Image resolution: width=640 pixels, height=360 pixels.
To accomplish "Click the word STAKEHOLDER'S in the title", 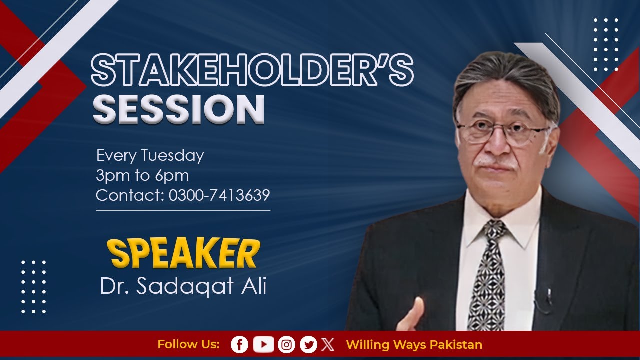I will [252, 71].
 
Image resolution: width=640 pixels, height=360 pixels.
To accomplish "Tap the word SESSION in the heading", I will [178, 108].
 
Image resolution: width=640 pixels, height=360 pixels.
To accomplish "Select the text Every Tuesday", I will [150, 155].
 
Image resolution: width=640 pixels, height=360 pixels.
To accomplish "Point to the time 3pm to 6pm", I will [142, 175].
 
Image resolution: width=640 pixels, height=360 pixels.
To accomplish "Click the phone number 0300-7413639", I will [219, 195].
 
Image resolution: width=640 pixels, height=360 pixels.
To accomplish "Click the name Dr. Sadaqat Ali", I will [183, 287].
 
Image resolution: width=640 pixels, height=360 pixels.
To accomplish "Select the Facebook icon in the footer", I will [239, 344].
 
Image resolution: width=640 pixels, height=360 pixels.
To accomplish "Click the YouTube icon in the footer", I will [263, 344].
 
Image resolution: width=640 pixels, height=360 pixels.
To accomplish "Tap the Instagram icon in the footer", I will [286, 344].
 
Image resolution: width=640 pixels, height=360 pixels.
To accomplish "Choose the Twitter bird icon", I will [308, 344].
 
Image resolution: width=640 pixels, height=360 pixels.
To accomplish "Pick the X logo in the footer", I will [328, 344].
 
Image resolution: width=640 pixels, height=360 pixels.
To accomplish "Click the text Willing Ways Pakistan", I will [414, 345].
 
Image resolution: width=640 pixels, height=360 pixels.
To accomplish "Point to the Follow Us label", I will [188, 345].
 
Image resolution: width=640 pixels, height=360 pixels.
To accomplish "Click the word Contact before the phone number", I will [130, 195].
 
